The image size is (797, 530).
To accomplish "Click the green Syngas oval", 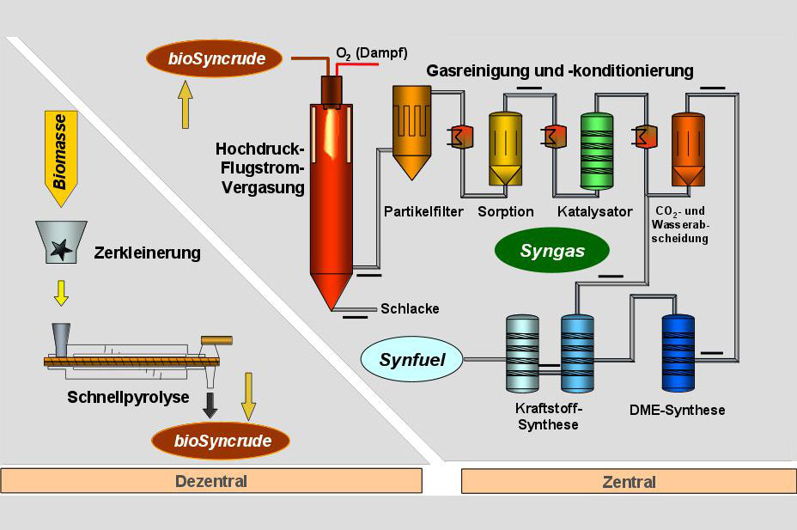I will click(x=552, y=251).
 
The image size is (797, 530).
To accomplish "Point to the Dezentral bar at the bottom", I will click(x=211, y=481).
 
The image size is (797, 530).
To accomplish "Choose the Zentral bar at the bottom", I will click(x=630, y=481).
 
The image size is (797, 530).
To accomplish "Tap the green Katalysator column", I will click(x=597, y=150).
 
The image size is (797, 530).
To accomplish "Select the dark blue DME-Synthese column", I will click(x=678, y=352).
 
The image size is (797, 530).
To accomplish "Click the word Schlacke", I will click(x=410, y=308).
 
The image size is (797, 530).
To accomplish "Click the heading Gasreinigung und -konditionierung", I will click(x=559, y=70).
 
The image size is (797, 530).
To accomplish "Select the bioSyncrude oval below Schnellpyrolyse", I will click(x=221, y=442).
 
